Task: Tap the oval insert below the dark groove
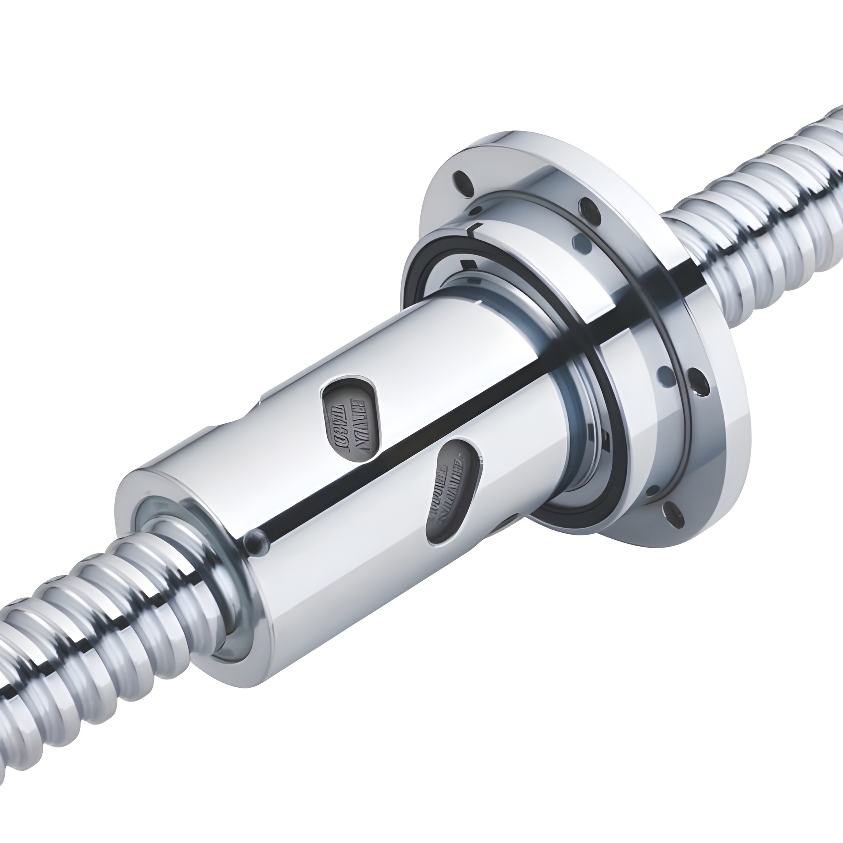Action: (x=455, y=491)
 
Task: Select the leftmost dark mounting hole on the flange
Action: (x=462, y=178)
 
